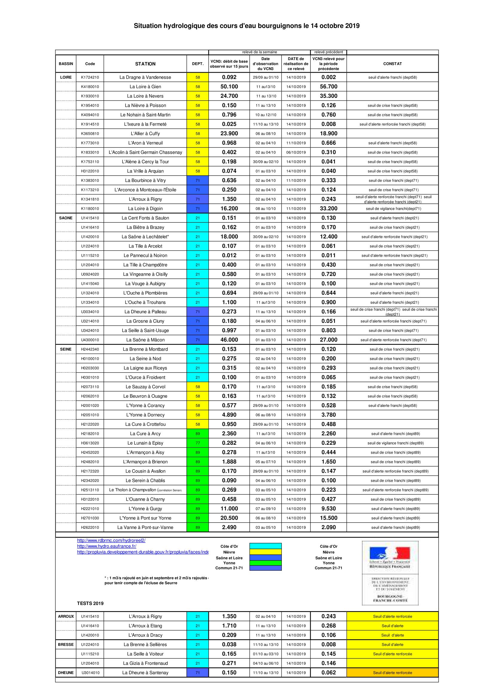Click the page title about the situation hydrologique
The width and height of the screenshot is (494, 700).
247,26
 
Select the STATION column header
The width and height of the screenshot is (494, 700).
145,64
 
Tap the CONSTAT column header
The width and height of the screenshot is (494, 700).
392,64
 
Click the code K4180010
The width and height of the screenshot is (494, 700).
90,86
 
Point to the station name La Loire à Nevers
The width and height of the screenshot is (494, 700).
145,96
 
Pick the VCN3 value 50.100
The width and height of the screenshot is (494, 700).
229,86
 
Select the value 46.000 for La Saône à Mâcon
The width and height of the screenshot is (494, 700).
229,340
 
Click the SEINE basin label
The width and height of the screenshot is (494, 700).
66,349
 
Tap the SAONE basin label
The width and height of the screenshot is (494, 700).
66,218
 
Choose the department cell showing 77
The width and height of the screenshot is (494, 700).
198,443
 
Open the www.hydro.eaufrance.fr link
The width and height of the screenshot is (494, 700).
106,546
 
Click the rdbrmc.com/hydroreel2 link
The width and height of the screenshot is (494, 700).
111,540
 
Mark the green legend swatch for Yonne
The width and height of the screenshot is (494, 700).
265,563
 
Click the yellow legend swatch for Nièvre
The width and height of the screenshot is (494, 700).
265,552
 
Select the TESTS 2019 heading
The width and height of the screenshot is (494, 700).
90,603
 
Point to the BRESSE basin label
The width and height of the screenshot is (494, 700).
66,645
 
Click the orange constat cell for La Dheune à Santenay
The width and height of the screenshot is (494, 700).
392,672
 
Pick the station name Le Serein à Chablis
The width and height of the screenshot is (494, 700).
145,481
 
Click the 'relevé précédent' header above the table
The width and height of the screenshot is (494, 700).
328,52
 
